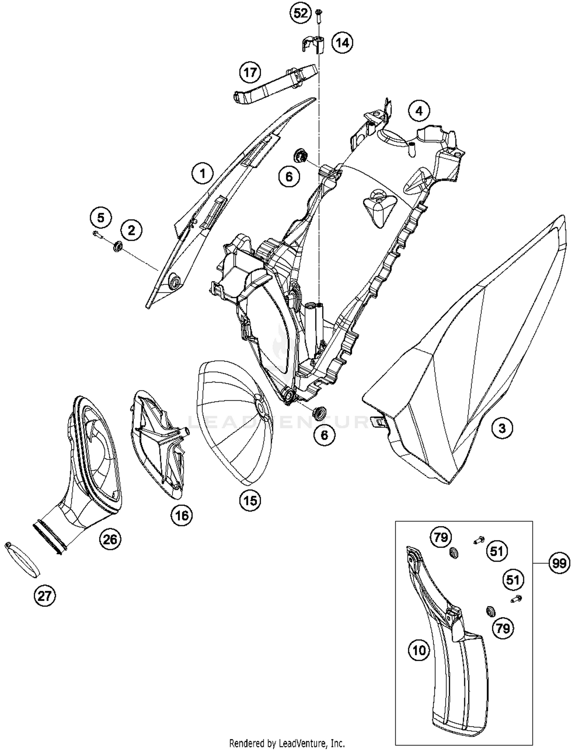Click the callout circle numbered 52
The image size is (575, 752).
coord(301,14)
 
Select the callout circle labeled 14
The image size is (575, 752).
coord(342,43)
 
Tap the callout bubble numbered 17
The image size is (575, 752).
coord(250,72)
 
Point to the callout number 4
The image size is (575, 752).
coord(419,111)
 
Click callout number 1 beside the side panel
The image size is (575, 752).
coord(202,174)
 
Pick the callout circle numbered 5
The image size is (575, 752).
coord(100,218)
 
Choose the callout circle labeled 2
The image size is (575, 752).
coord(131,230)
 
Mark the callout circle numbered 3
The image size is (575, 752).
coord(502,428)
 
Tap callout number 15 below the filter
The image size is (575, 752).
coord(250,500)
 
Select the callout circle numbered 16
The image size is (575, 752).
coord(182,516)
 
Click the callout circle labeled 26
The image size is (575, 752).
coord(110,539)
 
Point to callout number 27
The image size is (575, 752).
coord(45,596)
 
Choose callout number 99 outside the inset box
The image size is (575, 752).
coord(559,564)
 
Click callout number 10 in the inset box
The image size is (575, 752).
coord(419,650)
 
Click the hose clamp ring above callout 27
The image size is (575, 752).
coord(23,559)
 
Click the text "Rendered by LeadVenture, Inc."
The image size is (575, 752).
coord(287,743)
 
